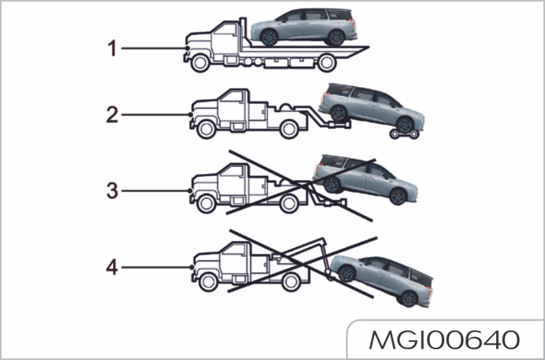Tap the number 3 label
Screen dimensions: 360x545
point(112,190)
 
